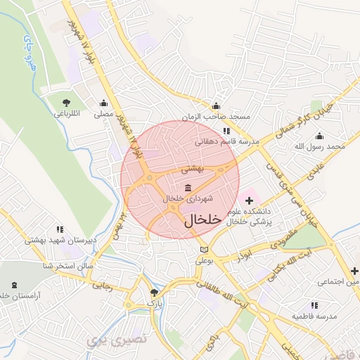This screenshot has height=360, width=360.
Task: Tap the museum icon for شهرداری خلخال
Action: (188, 188)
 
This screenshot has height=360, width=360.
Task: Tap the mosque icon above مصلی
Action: (104, 103)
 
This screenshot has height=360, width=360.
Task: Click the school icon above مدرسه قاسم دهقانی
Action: (226, 131)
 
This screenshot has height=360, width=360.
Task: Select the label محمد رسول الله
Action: (320, 146)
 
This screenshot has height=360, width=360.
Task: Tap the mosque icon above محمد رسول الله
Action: (320, 136)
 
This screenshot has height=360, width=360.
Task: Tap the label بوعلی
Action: (203, 259)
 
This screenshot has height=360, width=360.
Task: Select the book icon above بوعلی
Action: (204, 250)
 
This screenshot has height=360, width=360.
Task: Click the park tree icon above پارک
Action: (155, 292)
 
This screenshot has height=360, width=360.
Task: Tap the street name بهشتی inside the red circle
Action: (192, 169)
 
